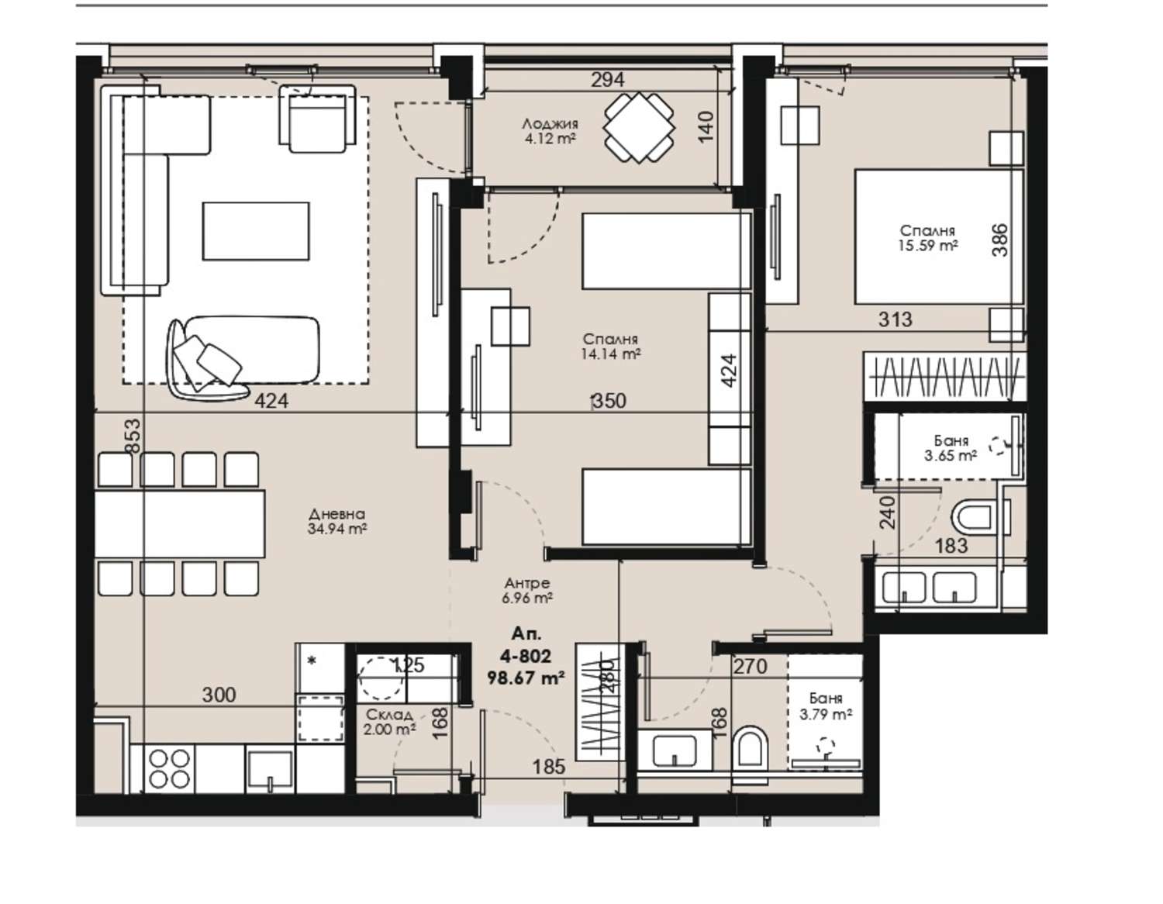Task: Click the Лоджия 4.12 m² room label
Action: pyautogui.click(x=550, y=132)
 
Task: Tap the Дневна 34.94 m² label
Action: pyautogui.click(x=337, y=522)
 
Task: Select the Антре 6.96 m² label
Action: pyautogui.click(x=527, y=590)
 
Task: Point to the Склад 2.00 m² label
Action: pyautogui.click(x=390, y=722)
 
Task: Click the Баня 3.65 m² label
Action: pyautogui.click(x=951, y=448)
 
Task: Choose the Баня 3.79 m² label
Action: pyautogui.click(x=826, y=706)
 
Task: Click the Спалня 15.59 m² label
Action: pyautogui.click(x=927, y=238)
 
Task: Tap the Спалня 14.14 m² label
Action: pyautogui.click(x=610, y=346)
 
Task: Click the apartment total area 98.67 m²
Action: pyautogui.click(x=526, y=678)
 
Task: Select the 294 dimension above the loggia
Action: pyautogui.click(x=607, y=80)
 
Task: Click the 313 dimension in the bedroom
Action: pyautogui.click(x=896, y=319)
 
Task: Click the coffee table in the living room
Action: pyautogui.click(x=256, y=231)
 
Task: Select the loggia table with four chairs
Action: pyautogui.click(x=639, y=129)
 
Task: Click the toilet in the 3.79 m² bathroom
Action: pyautogui.click(x=751, y=748)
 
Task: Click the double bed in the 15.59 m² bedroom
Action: pyautogui.click(x=939, y=237)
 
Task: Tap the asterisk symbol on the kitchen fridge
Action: pyautogui.click(x=312, y=661)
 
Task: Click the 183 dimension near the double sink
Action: pyautogui.click(x=951, y=546)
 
